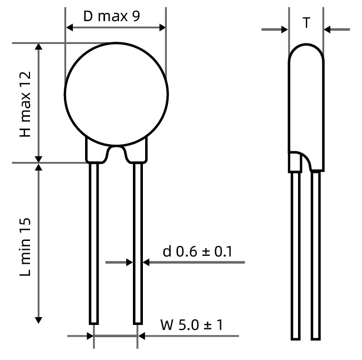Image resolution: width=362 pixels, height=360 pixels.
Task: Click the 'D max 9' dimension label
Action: (x=111, y=16)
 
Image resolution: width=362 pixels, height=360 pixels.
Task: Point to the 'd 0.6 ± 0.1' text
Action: (x=197, y=251)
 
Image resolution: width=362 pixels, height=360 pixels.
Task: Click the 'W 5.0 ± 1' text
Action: (x=191, y=324)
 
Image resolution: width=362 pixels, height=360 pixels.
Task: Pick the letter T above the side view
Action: (x=306, y=23)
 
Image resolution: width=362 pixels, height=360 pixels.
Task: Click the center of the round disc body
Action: (x=116, y=93)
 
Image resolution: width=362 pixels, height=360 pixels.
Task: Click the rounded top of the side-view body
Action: (x=306, y=53)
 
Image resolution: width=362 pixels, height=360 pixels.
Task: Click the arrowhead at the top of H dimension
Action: (x=38, y=47)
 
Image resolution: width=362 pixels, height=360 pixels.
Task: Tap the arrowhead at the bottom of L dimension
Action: (x=38, y=319)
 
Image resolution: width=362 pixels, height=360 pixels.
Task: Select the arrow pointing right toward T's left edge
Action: (x=285, y=29)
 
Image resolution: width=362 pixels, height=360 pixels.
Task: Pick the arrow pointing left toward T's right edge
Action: (x=328, y=29)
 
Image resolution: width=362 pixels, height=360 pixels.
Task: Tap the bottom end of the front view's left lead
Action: (x=94, y=322)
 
